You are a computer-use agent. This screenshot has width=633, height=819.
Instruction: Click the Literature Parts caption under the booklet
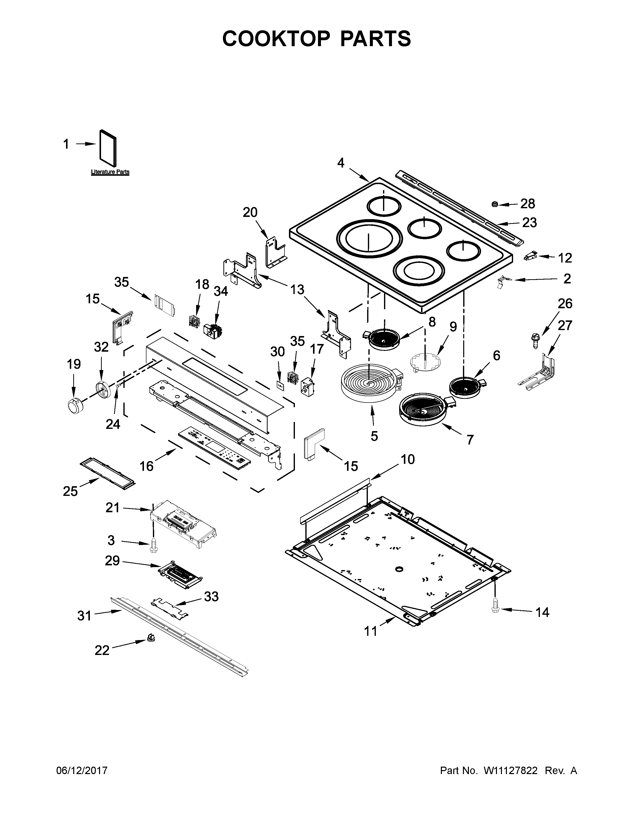[x=110, y=172]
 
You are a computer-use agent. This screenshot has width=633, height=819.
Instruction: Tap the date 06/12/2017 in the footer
[x=82, y=771]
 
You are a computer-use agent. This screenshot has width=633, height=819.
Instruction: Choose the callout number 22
[x=102, y=650]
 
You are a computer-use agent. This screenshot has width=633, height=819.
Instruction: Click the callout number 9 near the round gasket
[x=453, y=327]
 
